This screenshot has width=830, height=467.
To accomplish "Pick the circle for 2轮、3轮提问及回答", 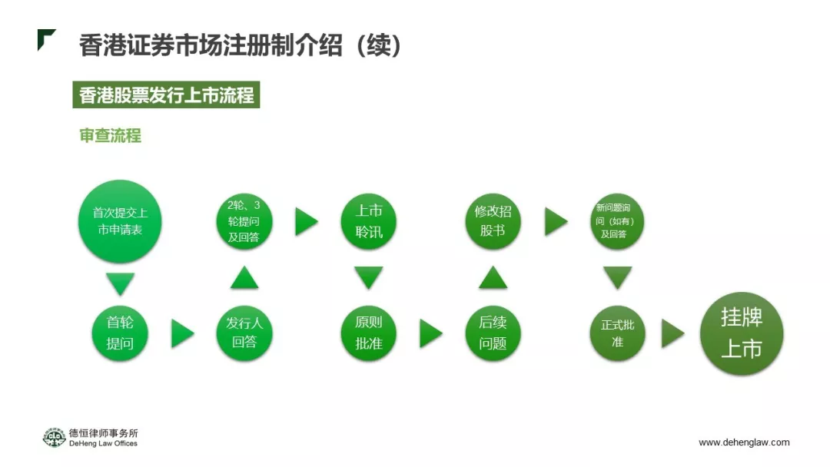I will (244, 221).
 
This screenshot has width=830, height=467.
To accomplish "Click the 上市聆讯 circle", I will (369, 221).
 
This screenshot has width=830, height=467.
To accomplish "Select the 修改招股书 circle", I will (493, 221).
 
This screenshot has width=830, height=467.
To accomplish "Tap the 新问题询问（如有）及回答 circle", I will (617, 221).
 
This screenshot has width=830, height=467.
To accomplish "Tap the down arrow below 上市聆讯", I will (369, 277).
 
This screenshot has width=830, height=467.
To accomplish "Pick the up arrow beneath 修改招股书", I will (493, 277).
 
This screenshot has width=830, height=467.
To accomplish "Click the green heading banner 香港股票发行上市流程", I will (166, 96).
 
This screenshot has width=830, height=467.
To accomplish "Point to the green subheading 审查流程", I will (111, 136).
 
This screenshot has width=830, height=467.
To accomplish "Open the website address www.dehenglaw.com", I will (743, 442).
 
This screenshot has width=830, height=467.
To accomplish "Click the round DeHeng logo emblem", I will (54, 437).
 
